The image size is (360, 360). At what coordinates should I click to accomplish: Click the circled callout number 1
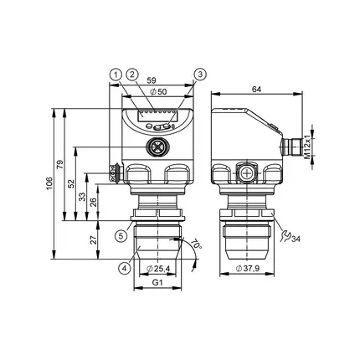tap(116, 75)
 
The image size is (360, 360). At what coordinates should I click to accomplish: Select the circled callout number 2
tap(132, 75)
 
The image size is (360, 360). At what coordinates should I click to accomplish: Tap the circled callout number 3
tap(200, 75)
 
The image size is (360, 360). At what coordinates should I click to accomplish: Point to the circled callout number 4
tap(124, 269)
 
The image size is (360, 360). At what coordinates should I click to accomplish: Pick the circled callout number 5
tap(121, 236)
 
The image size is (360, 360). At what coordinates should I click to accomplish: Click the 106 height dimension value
tap(49, 183)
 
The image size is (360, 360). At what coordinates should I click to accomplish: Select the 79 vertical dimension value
tap(60, 164)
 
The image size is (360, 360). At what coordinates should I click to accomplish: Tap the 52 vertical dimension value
tap(72, 183)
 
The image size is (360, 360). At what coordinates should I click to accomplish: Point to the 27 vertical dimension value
tap(94, 239)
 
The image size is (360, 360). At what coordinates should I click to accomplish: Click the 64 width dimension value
tap(256, 90)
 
